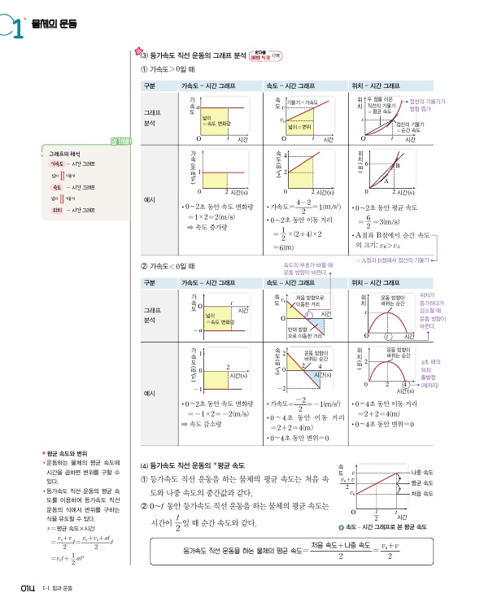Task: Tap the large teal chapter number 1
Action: (15, 28)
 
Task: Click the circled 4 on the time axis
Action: (404, 383)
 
